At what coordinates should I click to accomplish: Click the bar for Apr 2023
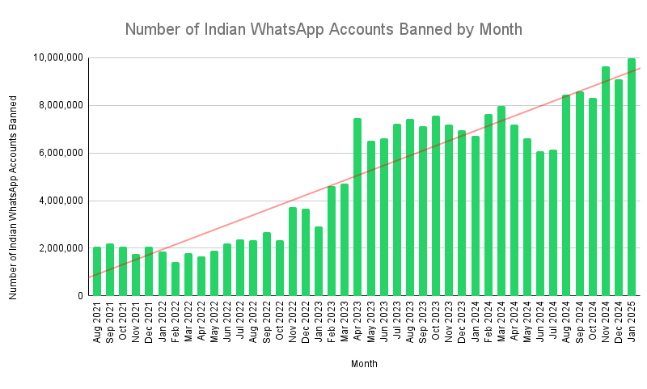pyautogui.click(x=357, y=207)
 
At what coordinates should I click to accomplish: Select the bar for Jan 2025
pyautogui.click(x=632, y=177)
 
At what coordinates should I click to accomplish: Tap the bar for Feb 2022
pyautogui.click(x=175, y=279)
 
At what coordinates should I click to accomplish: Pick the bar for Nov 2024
pyautogui.click(x=605, y=181)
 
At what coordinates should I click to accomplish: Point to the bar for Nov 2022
pyautogui.click(x=293, y=252)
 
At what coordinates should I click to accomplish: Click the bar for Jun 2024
pyautogui.click(x=540, y=223)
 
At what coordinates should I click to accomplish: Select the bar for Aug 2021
pyautogui.click(x=97, y=272)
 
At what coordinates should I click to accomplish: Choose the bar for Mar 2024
pyautogui.click(x=501, y=201)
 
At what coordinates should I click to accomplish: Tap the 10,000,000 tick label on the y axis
pyautogui.click(x=57, y=57)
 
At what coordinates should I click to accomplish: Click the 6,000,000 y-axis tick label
pyautogui.click(x=60, y=153)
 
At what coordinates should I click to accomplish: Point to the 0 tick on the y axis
pyautogui.click(x=80, y=296)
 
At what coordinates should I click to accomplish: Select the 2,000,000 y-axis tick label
pyautogui.click(x=60, y=248)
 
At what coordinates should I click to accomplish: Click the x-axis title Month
pyautogui.click(x=364, y=364)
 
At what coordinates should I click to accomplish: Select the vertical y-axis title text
pyautogui.click(x=13, y=197)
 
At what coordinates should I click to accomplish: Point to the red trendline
pyautogui.click(x=365, y=173)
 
